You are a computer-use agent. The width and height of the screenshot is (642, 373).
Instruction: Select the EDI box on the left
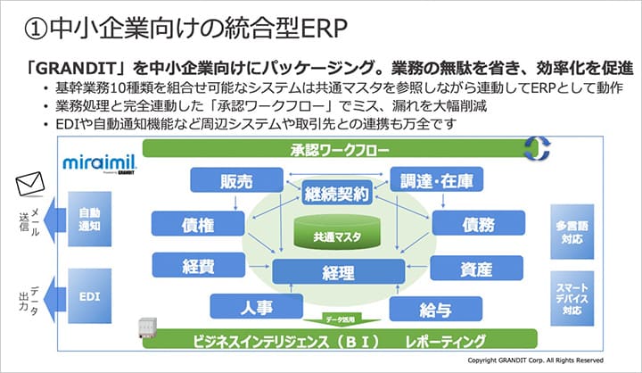click(89, 294)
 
